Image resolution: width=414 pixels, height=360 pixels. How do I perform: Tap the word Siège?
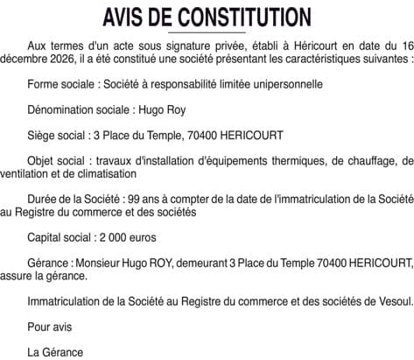(44, 136)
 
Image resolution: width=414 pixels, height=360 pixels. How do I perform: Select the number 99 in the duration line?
(143, 199)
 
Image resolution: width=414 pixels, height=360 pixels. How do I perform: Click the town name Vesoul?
(390, 301)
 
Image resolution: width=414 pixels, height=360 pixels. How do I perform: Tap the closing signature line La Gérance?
(55, 352)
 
